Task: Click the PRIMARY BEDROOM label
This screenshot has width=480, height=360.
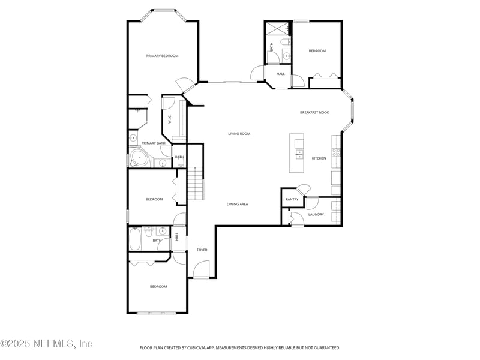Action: click(x=162, y=56)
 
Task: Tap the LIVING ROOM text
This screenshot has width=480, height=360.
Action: click(x=239, y=134)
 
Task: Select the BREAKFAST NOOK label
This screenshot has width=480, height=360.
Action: click(x=314, y=112)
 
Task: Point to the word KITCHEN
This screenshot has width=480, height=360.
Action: click(x=319, y=158)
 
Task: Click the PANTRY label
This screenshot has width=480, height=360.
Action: click(x=292, y=200)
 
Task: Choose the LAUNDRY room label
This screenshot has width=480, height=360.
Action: click(x=316, y=214)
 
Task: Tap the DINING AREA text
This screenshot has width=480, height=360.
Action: click(x=237, y=204)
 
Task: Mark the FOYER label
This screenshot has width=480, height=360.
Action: click(x=202, y=250)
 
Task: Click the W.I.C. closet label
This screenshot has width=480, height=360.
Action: click(x=170, y=119)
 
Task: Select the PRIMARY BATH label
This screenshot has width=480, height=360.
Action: click(x=153, y=143)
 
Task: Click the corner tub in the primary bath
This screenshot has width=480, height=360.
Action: click(x=139, y=159)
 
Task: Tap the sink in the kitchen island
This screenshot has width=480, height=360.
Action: click(x=298, y=154)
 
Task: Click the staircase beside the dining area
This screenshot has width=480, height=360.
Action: click(x=196, y=185)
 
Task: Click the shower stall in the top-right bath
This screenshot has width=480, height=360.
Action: click(x=278, y=28)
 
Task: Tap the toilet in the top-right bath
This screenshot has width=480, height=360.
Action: click(x=287, y=42)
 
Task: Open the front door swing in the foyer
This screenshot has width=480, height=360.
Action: click(x=201, y=270)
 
